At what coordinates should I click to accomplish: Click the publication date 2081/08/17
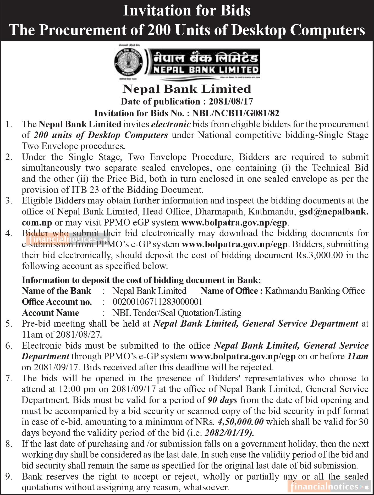click(x=231, y=102)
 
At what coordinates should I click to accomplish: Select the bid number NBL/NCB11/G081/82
click(x=235, y=113)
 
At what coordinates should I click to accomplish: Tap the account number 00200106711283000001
click(x=157, y=302)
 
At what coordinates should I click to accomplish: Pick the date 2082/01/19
click(x=229, y=433)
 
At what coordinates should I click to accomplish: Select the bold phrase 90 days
click(x=222, y=400)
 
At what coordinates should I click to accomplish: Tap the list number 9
click(x=9, y=476)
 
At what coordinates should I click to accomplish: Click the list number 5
click(x=9, y=324)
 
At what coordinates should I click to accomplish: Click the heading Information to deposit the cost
click(x=141, y=280)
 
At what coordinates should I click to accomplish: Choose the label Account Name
click(x=50, y=313)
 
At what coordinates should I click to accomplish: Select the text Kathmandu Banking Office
click(x=315, y=291)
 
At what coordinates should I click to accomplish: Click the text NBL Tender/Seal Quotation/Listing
click(x=177, y=313)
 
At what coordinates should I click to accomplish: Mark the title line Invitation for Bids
click(x=187, y=11)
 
